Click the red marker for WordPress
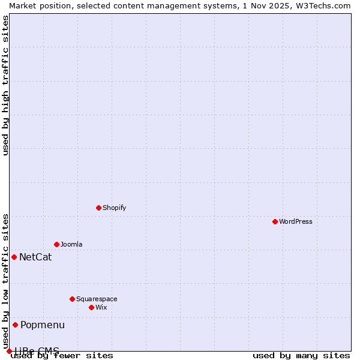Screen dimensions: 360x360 point(275,221)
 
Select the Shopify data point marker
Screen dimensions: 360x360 point(98,208)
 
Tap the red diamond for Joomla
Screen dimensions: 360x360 point(56,244)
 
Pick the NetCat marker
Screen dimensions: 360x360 point(14,257)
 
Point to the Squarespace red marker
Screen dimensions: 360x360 point(72,299)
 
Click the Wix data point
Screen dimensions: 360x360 point(91,307)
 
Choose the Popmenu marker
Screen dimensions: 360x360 point(15,325)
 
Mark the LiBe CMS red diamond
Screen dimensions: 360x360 point(9,351)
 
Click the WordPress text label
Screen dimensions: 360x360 point(296,221)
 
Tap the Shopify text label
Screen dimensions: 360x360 point(114,208)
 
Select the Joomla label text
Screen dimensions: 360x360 point(71,244)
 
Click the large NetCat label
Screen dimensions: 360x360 point(35,257)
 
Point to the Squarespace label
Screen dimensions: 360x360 point(97,299)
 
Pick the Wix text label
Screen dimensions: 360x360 point(101,307)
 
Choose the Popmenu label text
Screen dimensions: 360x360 point(43,325)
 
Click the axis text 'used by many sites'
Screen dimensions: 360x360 point(301,356)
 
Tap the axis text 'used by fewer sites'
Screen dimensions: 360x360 point(62,356)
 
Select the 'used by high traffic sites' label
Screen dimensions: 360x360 point(6,85)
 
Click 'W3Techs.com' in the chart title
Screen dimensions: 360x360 point(322,5)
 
